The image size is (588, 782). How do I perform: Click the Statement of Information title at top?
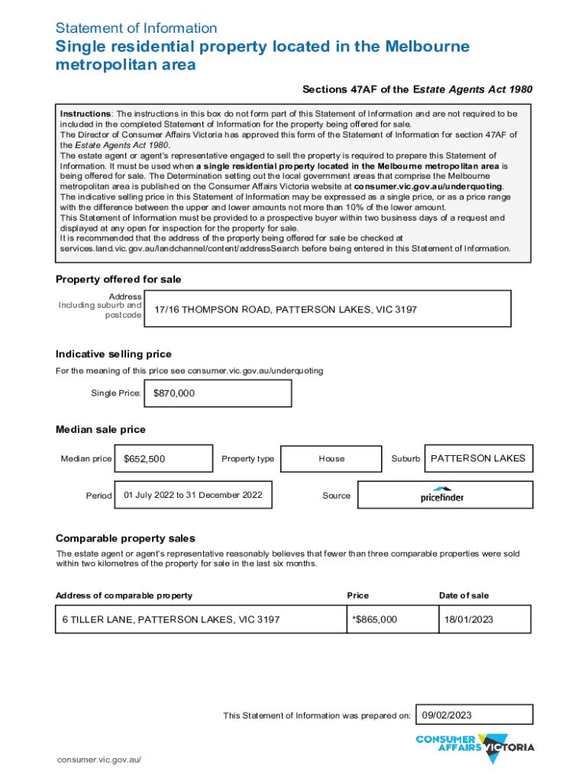[x=136, y=28]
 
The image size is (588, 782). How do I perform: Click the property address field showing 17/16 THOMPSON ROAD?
[x=286, y=309]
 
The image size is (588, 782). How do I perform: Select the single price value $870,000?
[x=174, y=393]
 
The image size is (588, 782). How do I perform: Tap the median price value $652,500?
[x=144, y=459]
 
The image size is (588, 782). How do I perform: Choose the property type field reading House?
[x=331, y=459]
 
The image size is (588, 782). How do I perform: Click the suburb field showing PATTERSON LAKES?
[x=478, y=458]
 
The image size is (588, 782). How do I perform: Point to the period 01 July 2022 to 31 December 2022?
[x=192, y=495]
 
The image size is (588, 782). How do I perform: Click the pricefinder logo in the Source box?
[x=442, y=495]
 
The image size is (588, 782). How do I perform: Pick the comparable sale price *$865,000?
[x=374, y=619]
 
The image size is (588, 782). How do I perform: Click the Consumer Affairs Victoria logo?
[x=474, y=747]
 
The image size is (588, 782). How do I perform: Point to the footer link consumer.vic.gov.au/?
[x=100, y=761]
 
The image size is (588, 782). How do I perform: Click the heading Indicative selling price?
[x=113, y=354]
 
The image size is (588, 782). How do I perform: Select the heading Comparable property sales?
[x=125, y=538]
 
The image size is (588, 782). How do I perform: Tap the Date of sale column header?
[x=464, y=596]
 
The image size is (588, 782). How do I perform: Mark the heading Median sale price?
[x=100, y=429]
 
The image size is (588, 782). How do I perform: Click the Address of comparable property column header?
[x=124, y=596]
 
